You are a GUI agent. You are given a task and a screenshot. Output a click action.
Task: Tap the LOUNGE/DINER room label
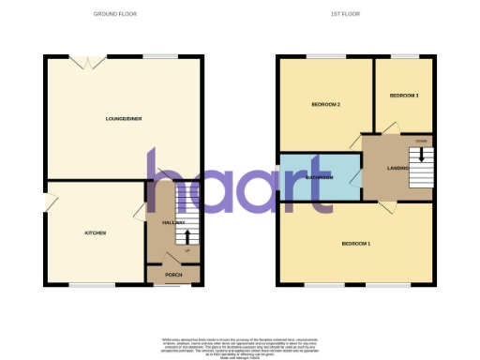(x=123, y=119)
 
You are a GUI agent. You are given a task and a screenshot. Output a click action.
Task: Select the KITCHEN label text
(x=96, y=232)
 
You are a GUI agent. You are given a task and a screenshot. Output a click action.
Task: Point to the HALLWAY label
(x=173, y=222)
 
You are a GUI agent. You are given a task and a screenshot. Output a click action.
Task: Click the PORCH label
(x=173, y=275)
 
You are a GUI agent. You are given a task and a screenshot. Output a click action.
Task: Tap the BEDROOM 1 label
(x=355, y=244)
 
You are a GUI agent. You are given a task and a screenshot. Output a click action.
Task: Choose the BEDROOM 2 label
(x=325, y=104)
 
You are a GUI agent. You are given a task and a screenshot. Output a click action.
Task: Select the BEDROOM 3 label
(x=405, y=96)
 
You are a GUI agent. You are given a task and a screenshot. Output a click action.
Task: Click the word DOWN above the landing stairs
(x=421, y=141)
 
